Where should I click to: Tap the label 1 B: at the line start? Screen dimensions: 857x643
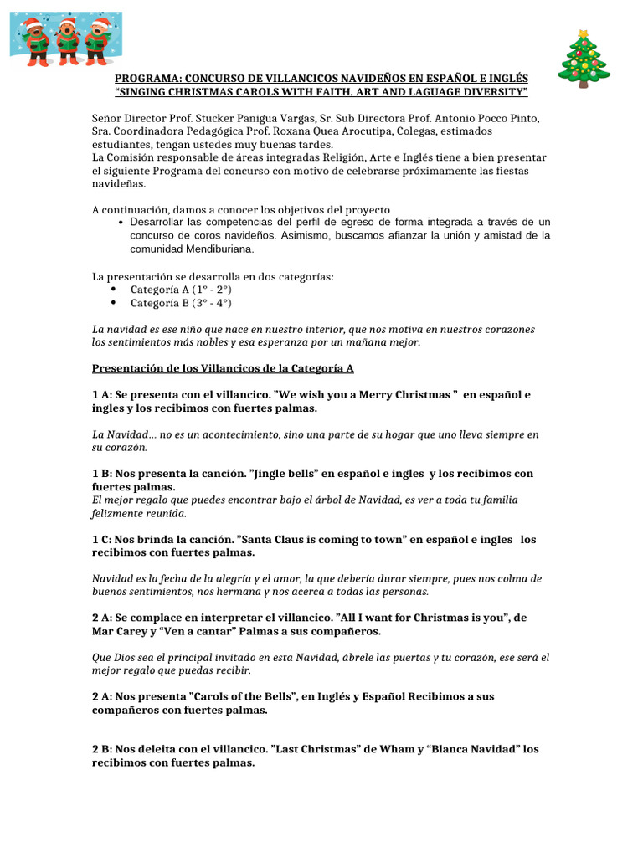102,474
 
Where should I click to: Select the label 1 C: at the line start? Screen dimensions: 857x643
102,540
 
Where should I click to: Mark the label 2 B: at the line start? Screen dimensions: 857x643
102,749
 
